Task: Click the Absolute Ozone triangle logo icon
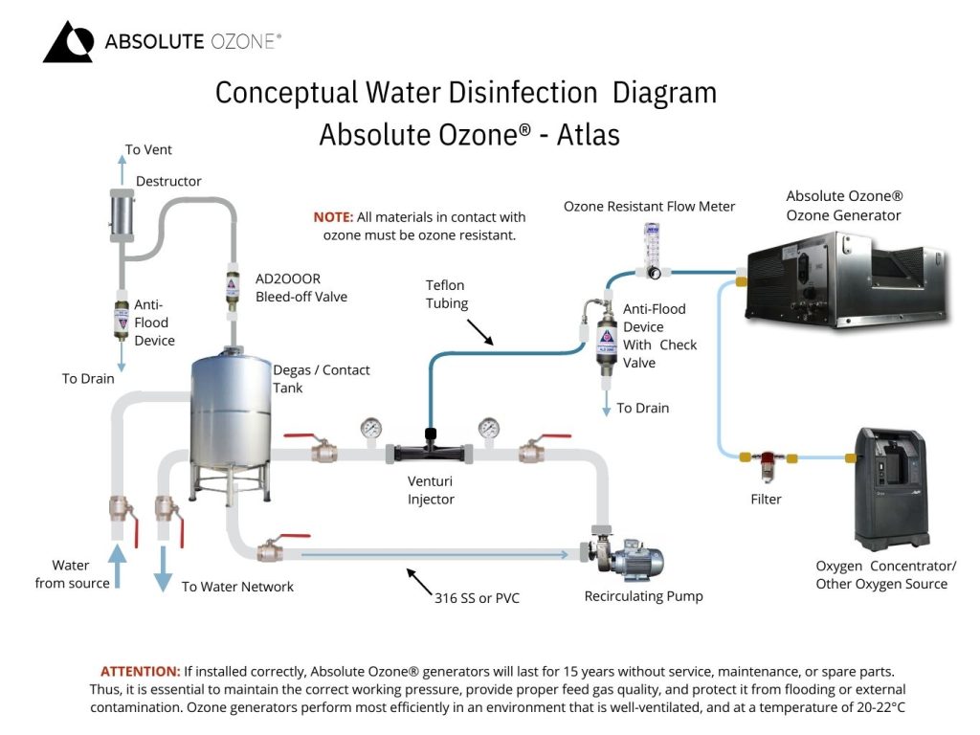68,42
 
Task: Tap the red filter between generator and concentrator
766,465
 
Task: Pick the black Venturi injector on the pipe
431,450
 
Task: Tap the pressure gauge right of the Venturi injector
489,428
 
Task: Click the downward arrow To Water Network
164,568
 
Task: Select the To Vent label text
148,150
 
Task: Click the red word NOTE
333,217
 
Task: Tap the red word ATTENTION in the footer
140,671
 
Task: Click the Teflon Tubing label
446,295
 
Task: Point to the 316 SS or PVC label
477,598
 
